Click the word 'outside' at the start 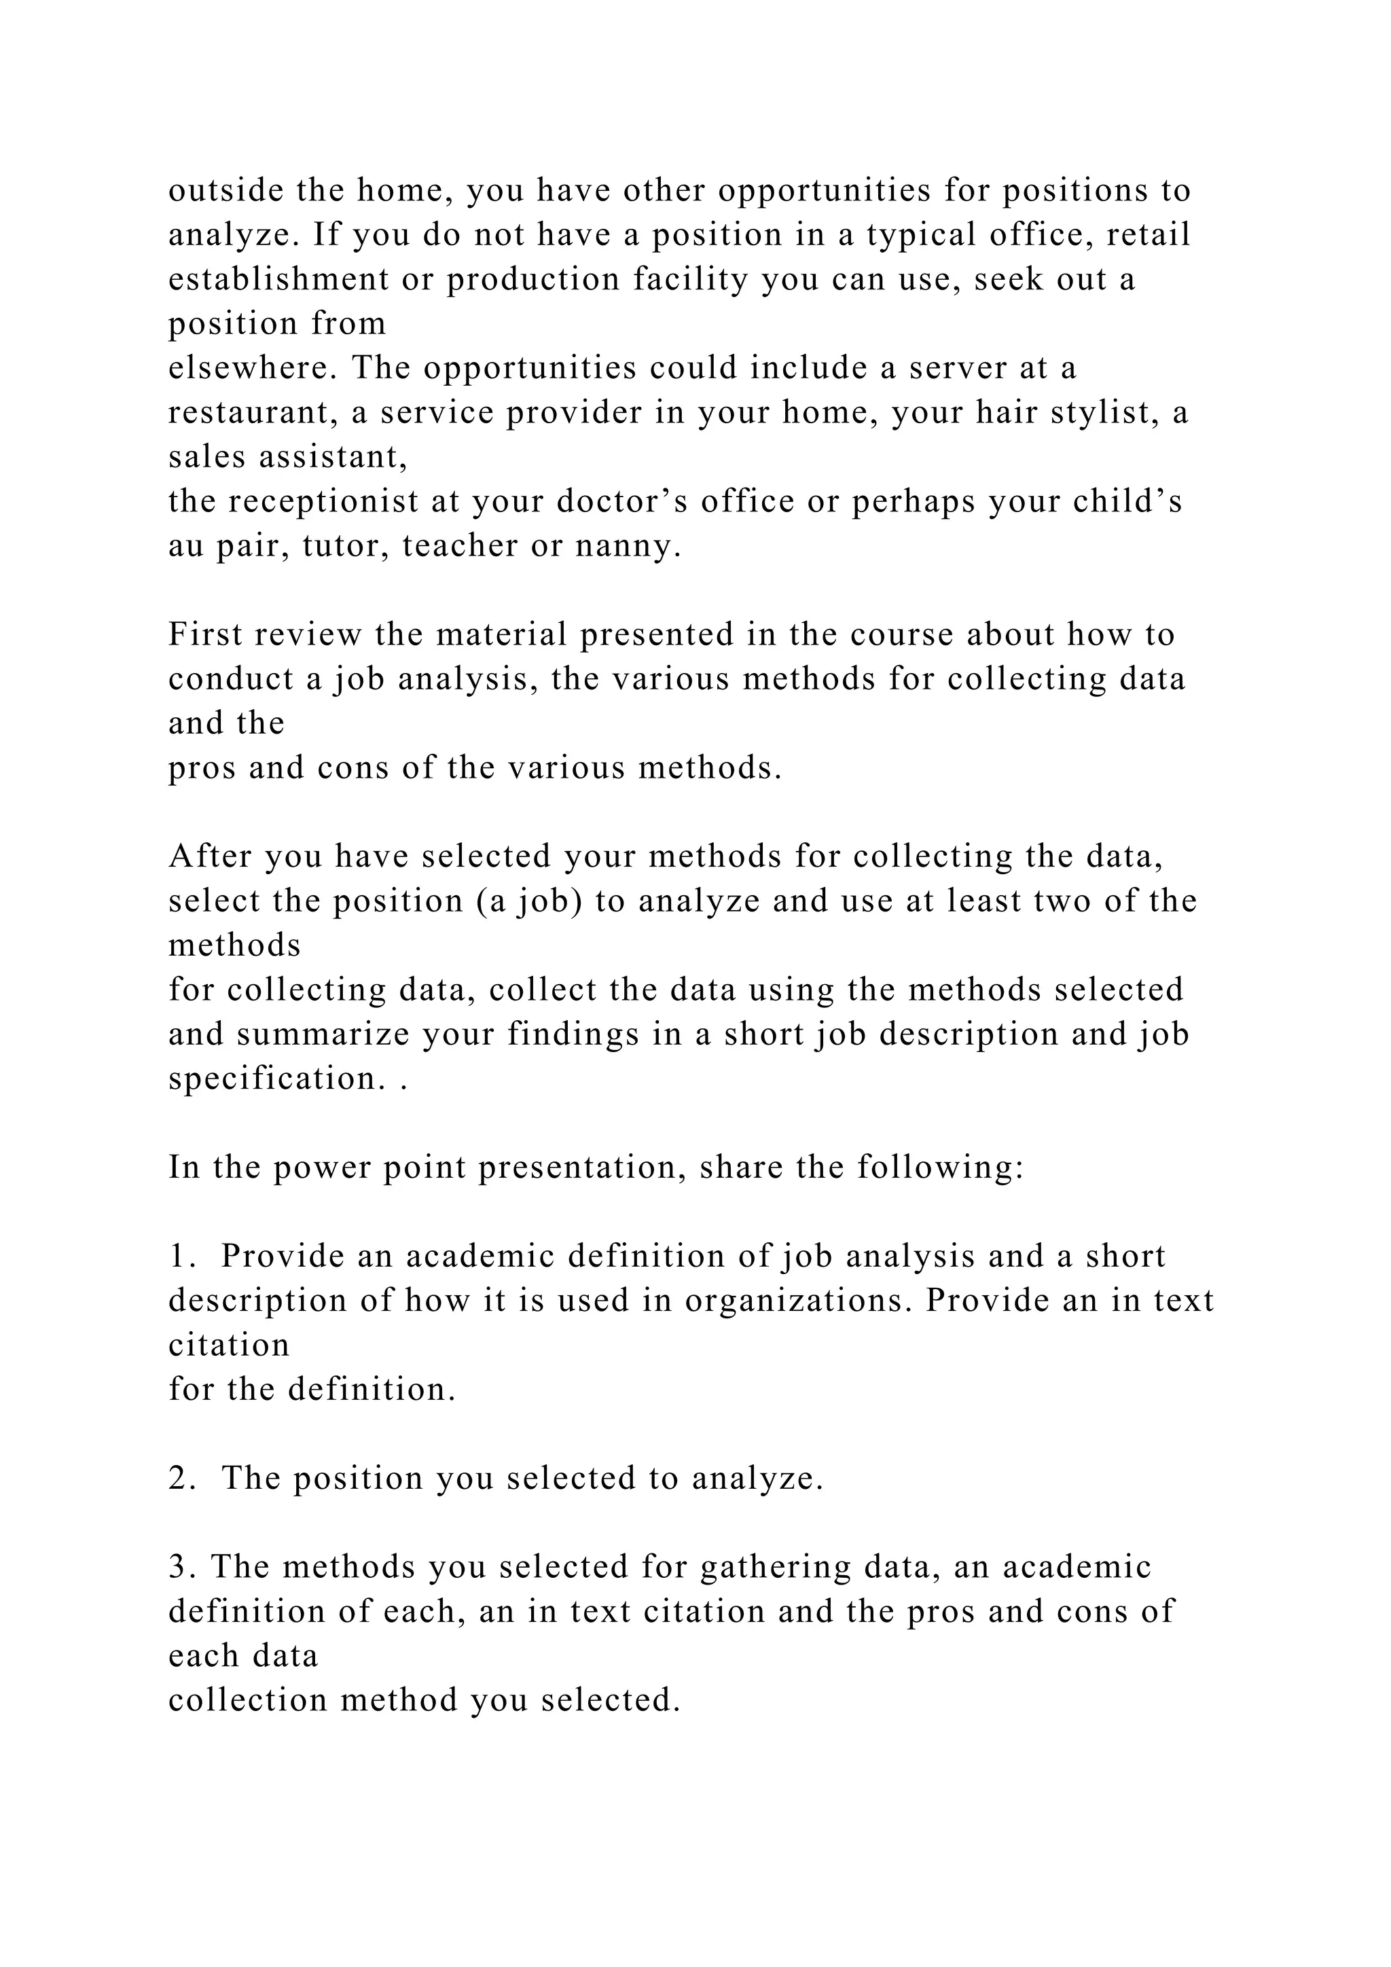click(225, 190)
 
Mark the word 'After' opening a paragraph click(210, 856)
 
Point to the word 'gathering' click(774, 1567)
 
